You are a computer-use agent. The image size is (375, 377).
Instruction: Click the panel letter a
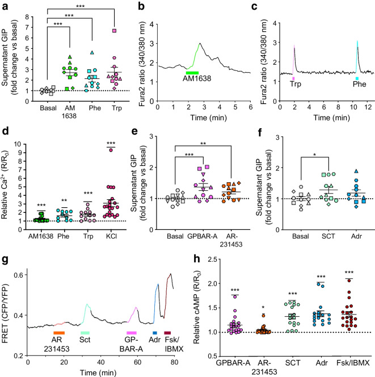pyautogui.click(x=5, y=6)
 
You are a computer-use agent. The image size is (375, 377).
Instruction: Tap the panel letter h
pyautogui.click(x=197, y=259)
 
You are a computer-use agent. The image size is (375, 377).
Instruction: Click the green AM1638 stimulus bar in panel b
pyautogui.click(x=192, y=73)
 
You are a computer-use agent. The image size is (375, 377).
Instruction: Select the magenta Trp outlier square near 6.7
pyautogui.click(x=115, y=31)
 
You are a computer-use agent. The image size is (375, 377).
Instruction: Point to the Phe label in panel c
pyautogui.click(x=359, y=84)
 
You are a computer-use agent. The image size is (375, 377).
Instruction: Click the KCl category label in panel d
pyautogui.click(x=111, y=236)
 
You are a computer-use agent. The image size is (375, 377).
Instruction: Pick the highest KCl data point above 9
pyautogui.click(x=111, y=150)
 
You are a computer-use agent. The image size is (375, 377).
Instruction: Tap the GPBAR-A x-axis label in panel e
pyautogui.click(x=203, y=236)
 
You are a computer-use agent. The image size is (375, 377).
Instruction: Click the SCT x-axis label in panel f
pyautogui.click(x=328, y=236)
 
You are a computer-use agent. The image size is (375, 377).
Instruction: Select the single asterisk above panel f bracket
pyautogui.click(x=314, y=154)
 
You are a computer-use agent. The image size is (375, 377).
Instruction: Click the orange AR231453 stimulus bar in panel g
pyautogui.click(x=59, y=333)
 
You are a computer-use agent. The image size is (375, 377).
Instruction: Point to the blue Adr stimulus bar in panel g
pyautogui.click(x=155, y=333)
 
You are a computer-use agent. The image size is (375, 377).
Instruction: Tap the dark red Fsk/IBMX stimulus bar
pyautogui.click(x=167, y=333)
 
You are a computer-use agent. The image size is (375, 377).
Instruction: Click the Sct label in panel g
pyautogui.click(x=85, y=340)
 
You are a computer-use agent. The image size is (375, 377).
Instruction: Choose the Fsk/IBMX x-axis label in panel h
pyautogui.click(x=353, y=363)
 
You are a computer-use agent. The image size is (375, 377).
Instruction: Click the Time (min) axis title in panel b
pyautogui.click(x=209, y=118)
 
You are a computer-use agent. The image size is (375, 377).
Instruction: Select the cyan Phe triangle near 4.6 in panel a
pyautogui.click(x=92, y=53)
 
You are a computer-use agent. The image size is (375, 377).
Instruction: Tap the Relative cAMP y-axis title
pyautogui.click(x=197, y=307)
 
